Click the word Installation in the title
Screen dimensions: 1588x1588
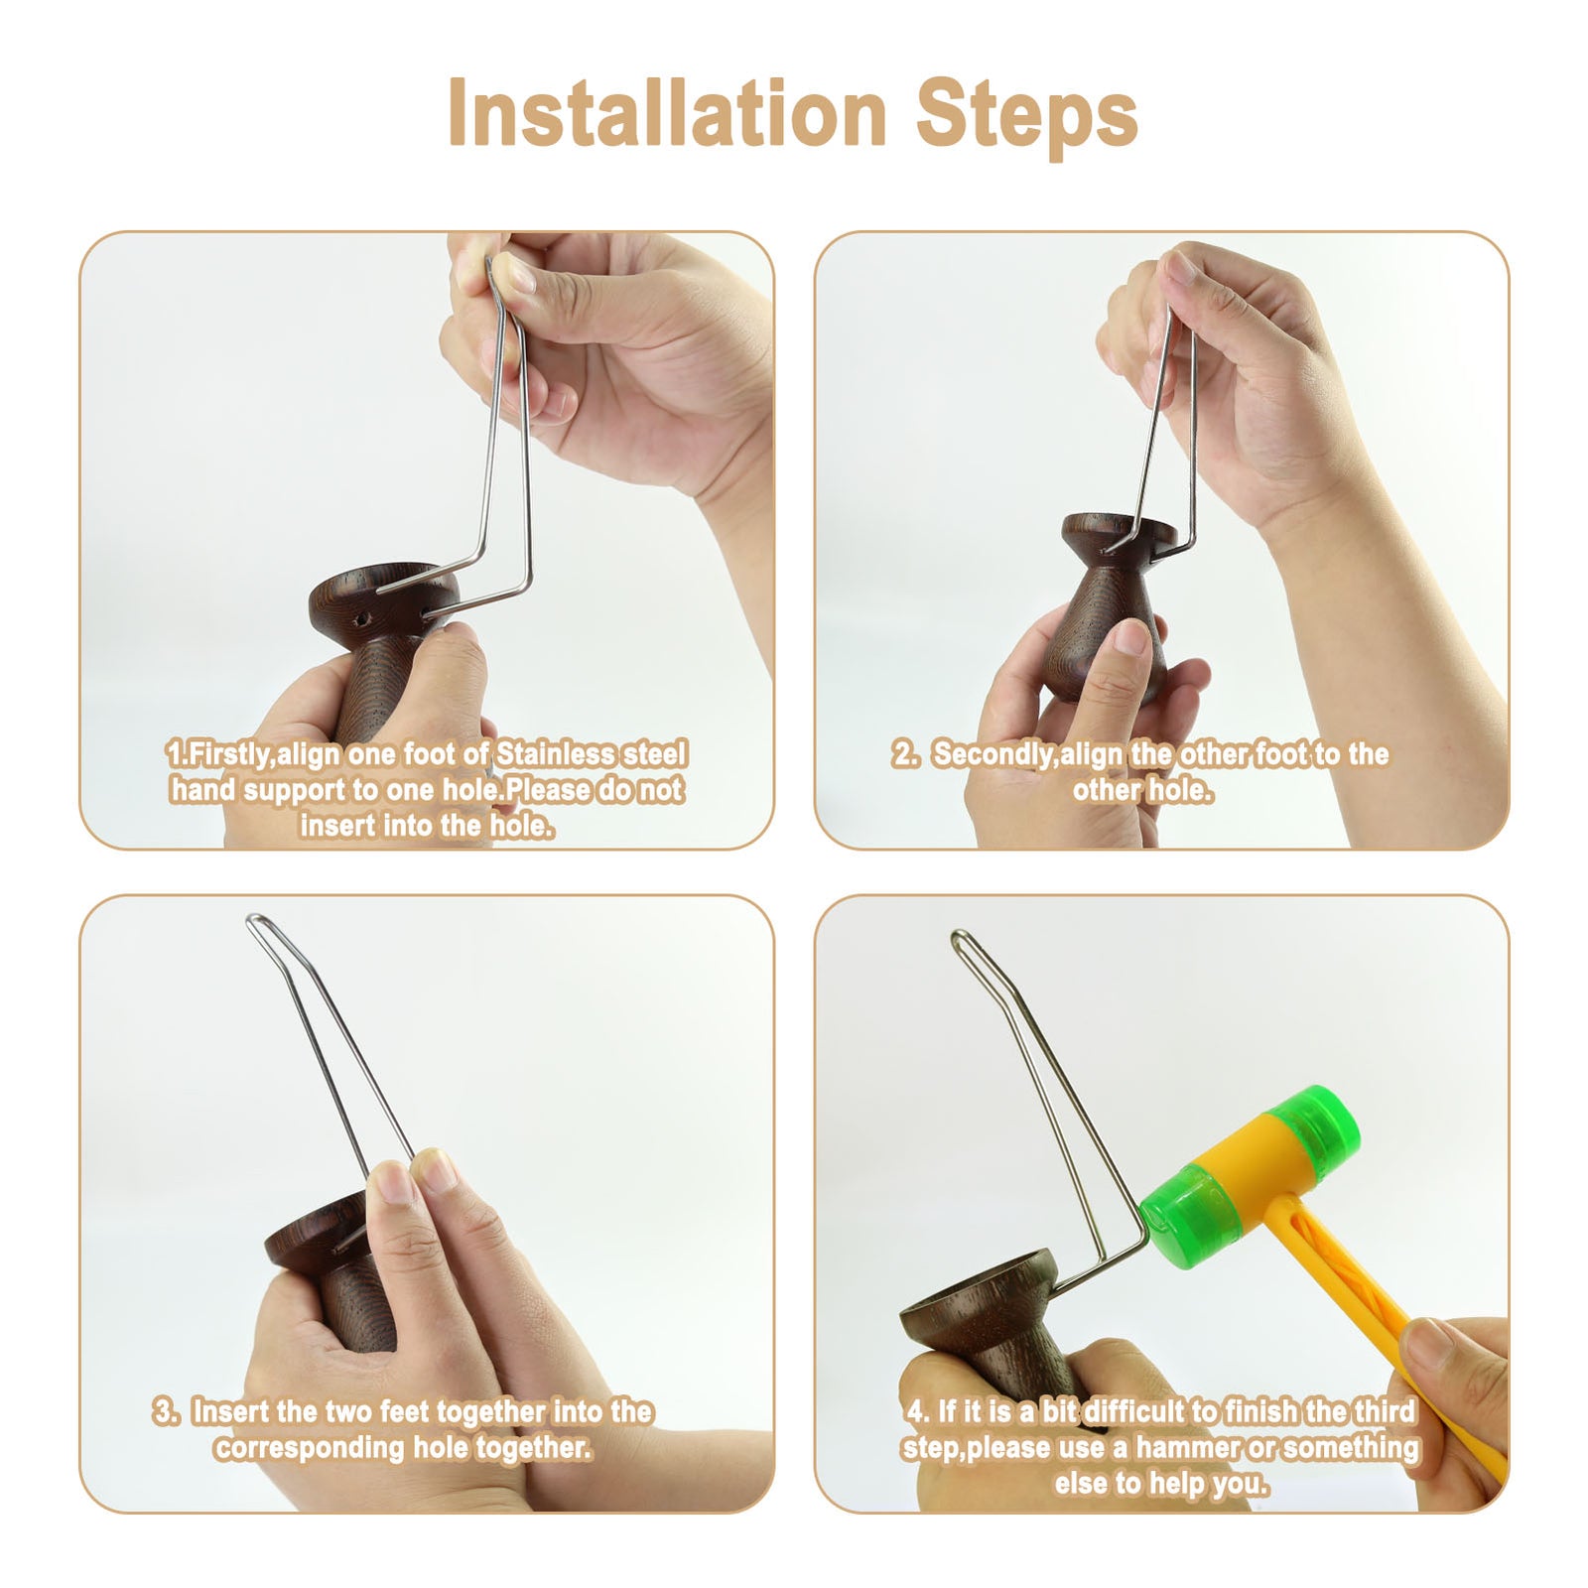click(x=666, y=113)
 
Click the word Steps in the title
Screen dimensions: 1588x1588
click(x=1026, y=117)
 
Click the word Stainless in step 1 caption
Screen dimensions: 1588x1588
click(x=556, y=754)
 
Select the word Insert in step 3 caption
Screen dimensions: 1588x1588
click(x=232, y=1411)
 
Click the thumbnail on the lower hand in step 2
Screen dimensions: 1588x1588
click(x=1131, y=635)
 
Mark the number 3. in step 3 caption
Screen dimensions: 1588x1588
click(x=165, y=1411)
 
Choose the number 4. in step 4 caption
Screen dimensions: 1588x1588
click(x=918, y=1411)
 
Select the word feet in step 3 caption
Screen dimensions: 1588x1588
click(x=407, y=1411)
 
